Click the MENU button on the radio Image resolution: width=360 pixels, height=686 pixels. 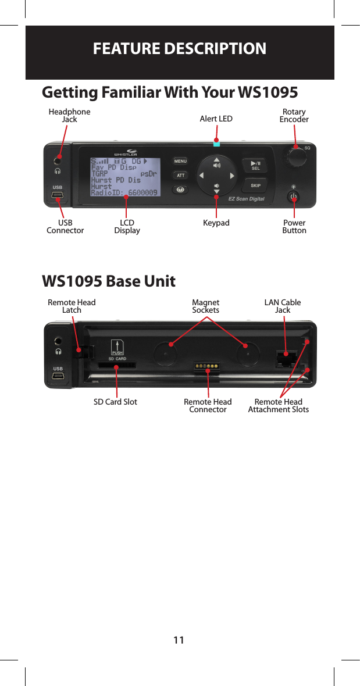click(x=180, y=161)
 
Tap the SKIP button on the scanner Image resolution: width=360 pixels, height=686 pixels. click(x=255, y=185)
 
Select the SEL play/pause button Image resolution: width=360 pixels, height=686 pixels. click(x=255, y=165)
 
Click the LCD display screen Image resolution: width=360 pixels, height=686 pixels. click(x=125, y=176)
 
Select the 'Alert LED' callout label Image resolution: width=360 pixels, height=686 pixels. click(x=216, y=119)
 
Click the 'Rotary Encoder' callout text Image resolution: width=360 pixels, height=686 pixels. click(x=294, y=116)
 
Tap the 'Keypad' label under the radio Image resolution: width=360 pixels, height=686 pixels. click(x=216, y=223)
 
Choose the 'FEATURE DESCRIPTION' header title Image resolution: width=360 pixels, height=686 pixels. click(x=180, y=48)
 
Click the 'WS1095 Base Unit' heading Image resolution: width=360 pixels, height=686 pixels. click(x=109, y=281)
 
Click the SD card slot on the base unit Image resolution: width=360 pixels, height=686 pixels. click(x=116, y=366)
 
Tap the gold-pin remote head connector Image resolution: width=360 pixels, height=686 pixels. click(x=207, y=367)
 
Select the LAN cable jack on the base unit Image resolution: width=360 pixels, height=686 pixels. click(x=285, y=357)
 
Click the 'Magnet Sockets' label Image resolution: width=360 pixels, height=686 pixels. click(x=206, y=306)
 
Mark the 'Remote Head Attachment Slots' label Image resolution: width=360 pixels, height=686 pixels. click(x=278, y=406)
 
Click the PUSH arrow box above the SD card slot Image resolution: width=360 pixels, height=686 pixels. click(x=117, y=347)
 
